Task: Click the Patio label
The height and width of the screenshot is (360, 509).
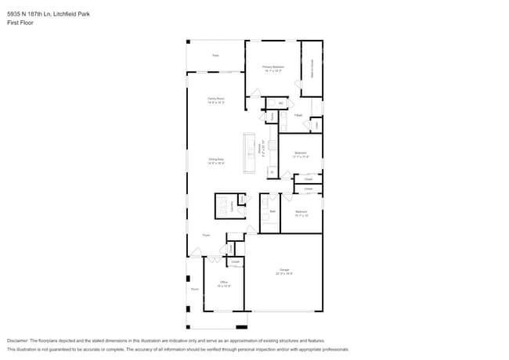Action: [215, 56]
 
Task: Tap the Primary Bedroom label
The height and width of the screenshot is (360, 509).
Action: [273, 68]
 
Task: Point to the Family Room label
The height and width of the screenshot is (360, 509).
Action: [215, 99]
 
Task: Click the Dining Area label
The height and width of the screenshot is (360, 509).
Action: [216, 160]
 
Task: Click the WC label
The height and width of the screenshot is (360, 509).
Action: [280, 103]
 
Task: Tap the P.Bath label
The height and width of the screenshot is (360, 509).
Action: [298, 115]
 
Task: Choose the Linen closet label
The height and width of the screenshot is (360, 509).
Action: [316, 124]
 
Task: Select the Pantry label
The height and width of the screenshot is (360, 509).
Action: [272, 117]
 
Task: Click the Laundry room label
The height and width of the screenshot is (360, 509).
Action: [232, 205]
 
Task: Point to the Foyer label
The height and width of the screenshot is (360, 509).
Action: [206, 235]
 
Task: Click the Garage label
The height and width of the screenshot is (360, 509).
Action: [283, 271]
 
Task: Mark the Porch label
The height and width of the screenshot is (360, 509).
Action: [194, 289]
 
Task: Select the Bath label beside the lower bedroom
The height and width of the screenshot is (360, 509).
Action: [273, 211]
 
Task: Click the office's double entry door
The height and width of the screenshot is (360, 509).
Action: [213, 258]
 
